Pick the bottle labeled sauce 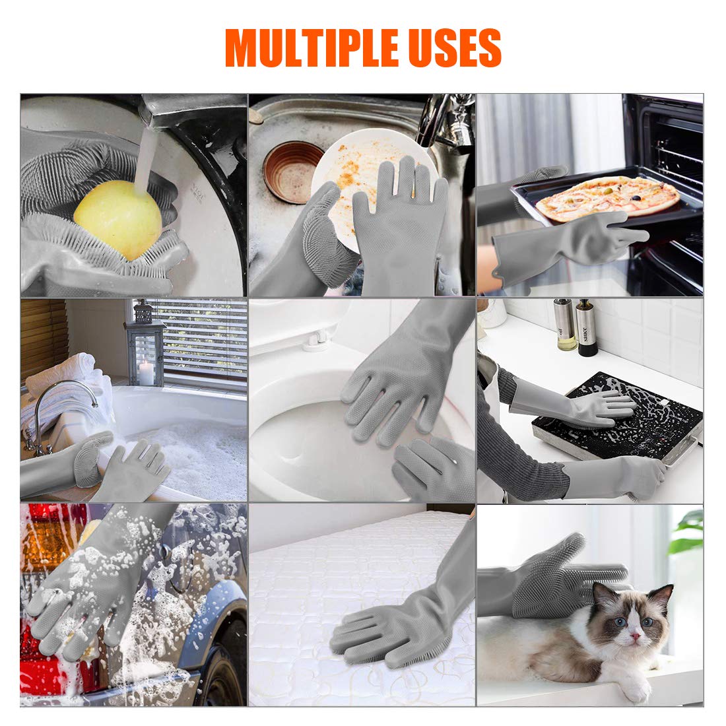point(586,328)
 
